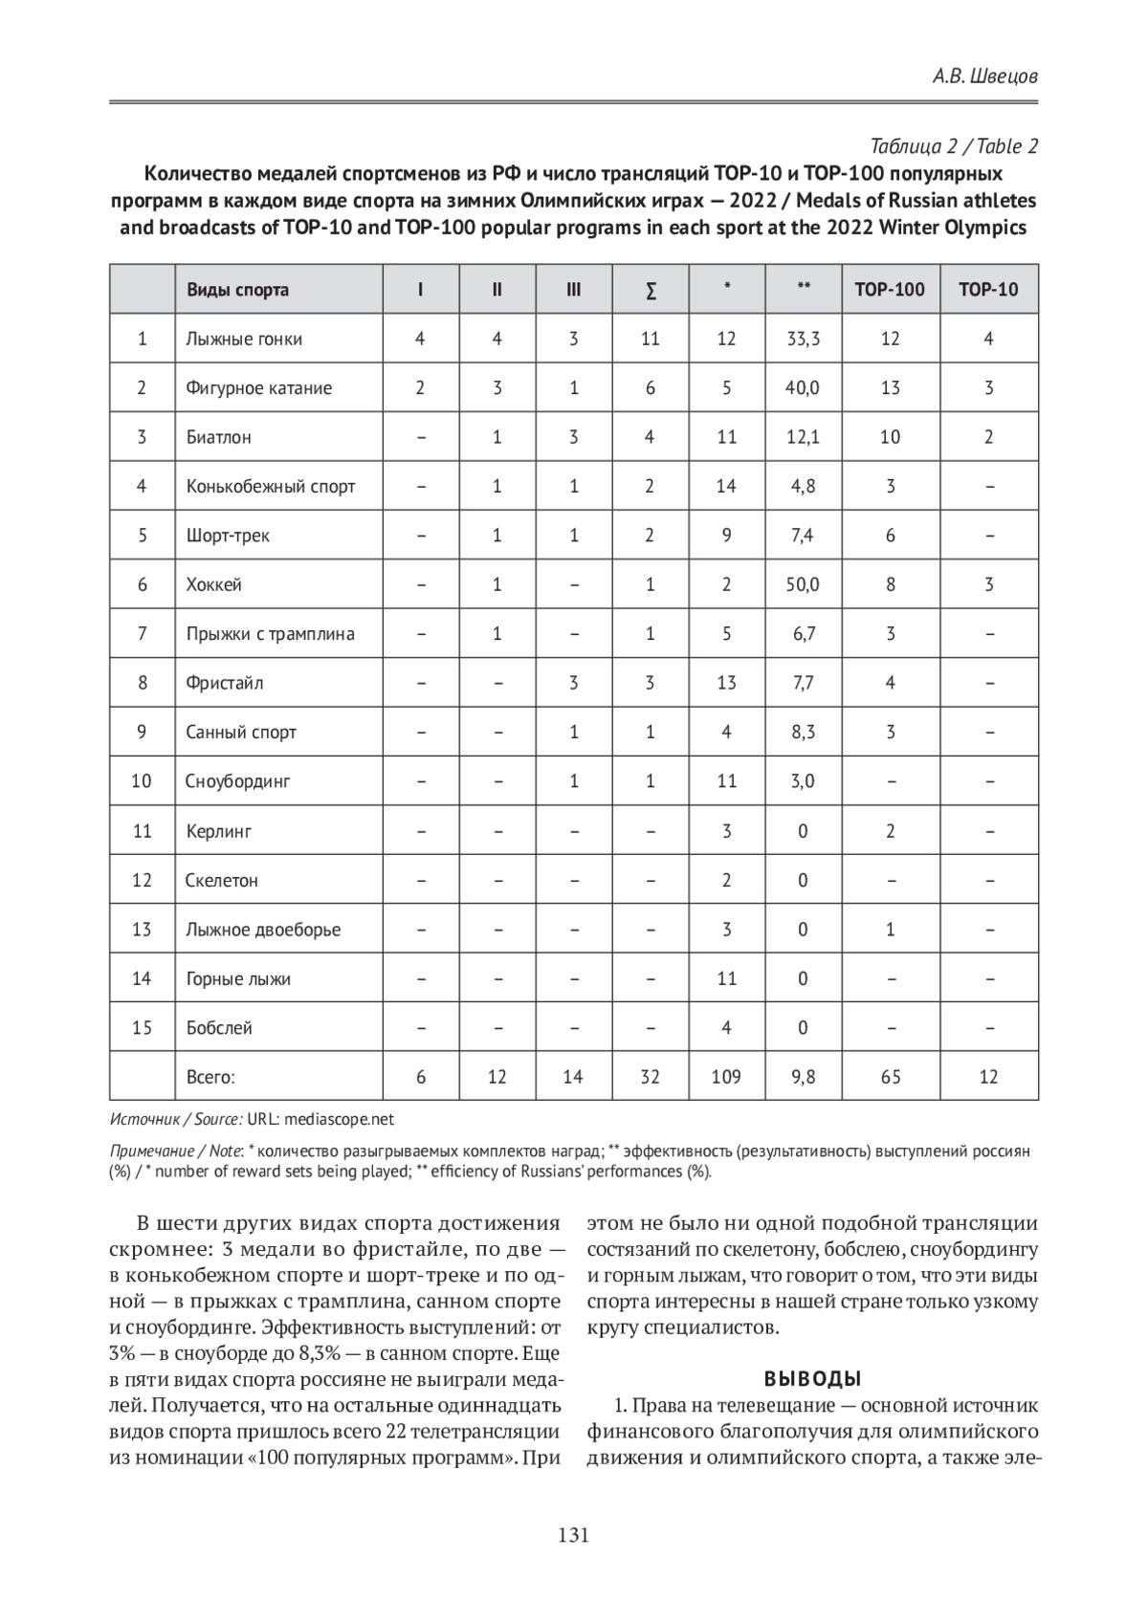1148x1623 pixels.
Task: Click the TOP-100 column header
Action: click(889, 290)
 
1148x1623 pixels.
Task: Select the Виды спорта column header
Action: click(237, 290)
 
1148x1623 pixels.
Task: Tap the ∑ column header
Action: click(650, 290)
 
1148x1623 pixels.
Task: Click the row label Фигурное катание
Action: click(258, 388)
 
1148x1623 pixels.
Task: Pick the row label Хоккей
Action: click(213, 584)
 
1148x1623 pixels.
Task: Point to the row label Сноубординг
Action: click(237, 781)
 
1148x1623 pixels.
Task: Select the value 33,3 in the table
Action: click(803, 339)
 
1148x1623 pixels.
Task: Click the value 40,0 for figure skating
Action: click(803, 388)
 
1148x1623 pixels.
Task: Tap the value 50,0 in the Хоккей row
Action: click(803, 584)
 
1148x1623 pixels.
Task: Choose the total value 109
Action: click(726, 1077)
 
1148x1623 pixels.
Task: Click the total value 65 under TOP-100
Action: click(890, 1077)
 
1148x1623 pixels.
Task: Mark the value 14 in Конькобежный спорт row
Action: click(726, 486)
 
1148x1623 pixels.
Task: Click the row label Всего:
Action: click(210, 1077)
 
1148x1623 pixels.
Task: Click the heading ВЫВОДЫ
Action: click(812, 1379)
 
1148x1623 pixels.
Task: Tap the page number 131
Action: click(573, 1536)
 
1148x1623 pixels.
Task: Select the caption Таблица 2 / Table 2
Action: click(954, 146)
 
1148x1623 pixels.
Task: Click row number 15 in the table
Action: click(142, 1028)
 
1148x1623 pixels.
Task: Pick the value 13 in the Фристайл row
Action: click(726, 683)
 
